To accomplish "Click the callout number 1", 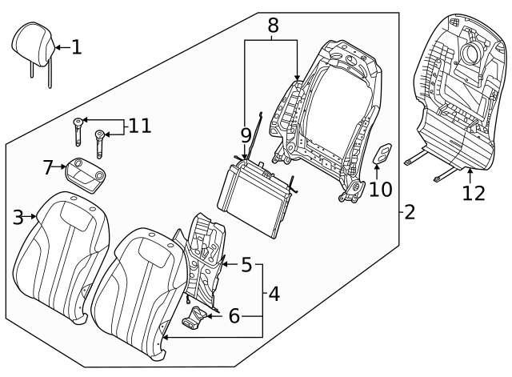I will [x=76, y=47].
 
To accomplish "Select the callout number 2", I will [x=409, y=212].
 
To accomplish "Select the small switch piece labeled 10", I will [x=383, y=154].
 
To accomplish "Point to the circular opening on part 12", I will [x=470, y=54].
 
